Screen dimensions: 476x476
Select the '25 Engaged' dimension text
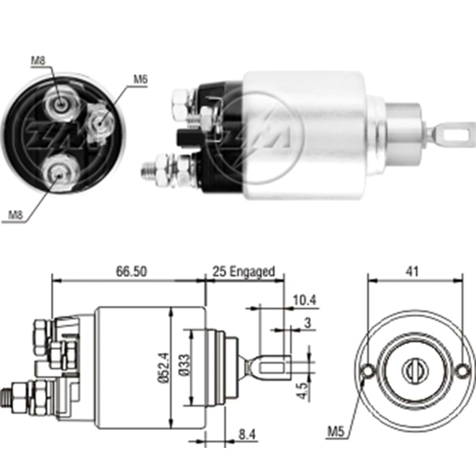coord(244,271)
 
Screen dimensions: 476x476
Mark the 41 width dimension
coord(412,271)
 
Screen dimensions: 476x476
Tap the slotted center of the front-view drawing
coord(412,369)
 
